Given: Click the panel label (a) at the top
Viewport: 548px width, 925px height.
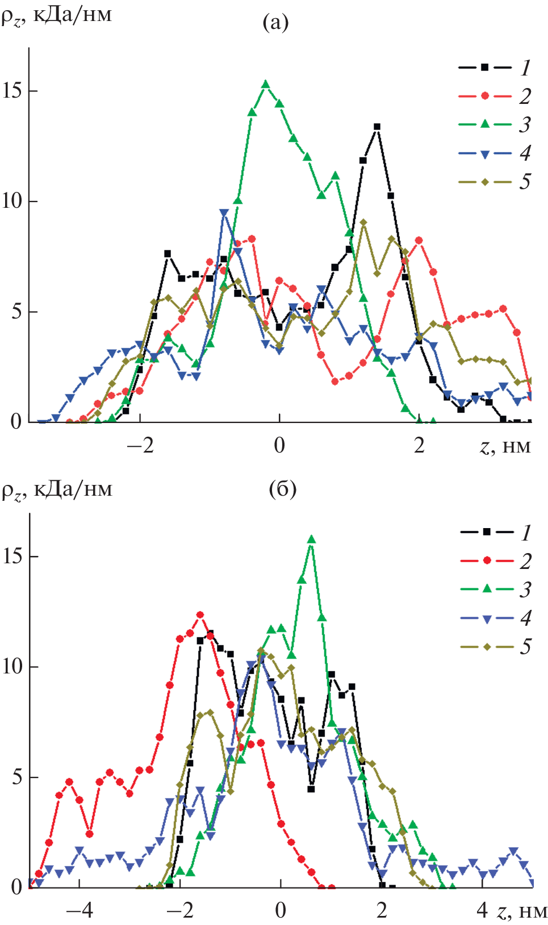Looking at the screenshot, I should [x=275, y=23].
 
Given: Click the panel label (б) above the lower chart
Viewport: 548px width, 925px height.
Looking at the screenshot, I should [x=282, y=489].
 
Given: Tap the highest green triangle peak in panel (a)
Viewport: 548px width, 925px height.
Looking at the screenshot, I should [x=265, y=85].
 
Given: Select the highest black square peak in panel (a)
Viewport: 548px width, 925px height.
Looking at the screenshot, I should [x=377, y=127].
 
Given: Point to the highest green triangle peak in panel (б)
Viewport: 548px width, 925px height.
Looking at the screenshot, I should [x=311, y=539].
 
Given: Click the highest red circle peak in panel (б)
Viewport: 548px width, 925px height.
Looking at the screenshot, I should [x=200, y=615].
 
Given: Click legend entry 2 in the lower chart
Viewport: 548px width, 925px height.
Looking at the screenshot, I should [x=495, y=561].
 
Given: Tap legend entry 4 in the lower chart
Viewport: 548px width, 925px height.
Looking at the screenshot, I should [x=495, y=618].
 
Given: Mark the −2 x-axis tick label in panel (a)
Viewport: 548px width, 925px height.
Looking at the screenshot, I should [x=140, y=446].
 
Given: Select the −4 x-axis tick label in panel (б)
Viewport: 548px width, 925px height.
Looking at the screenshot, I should [x=80, y=911].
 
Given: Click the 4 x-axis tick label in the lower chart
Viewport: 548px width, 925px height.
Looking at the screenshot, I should [x=482, y=911].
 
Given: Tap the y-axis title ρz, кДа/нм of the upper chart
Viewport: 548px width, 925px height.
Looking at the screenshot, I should [x=56, y=15].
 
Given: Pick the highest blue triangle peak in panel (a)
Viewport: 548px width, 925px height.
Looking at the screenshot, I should [x=224, y=213].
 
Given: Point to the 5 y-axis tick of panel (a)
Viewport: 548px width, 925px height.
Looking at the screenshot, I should [x=17, y=312].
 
